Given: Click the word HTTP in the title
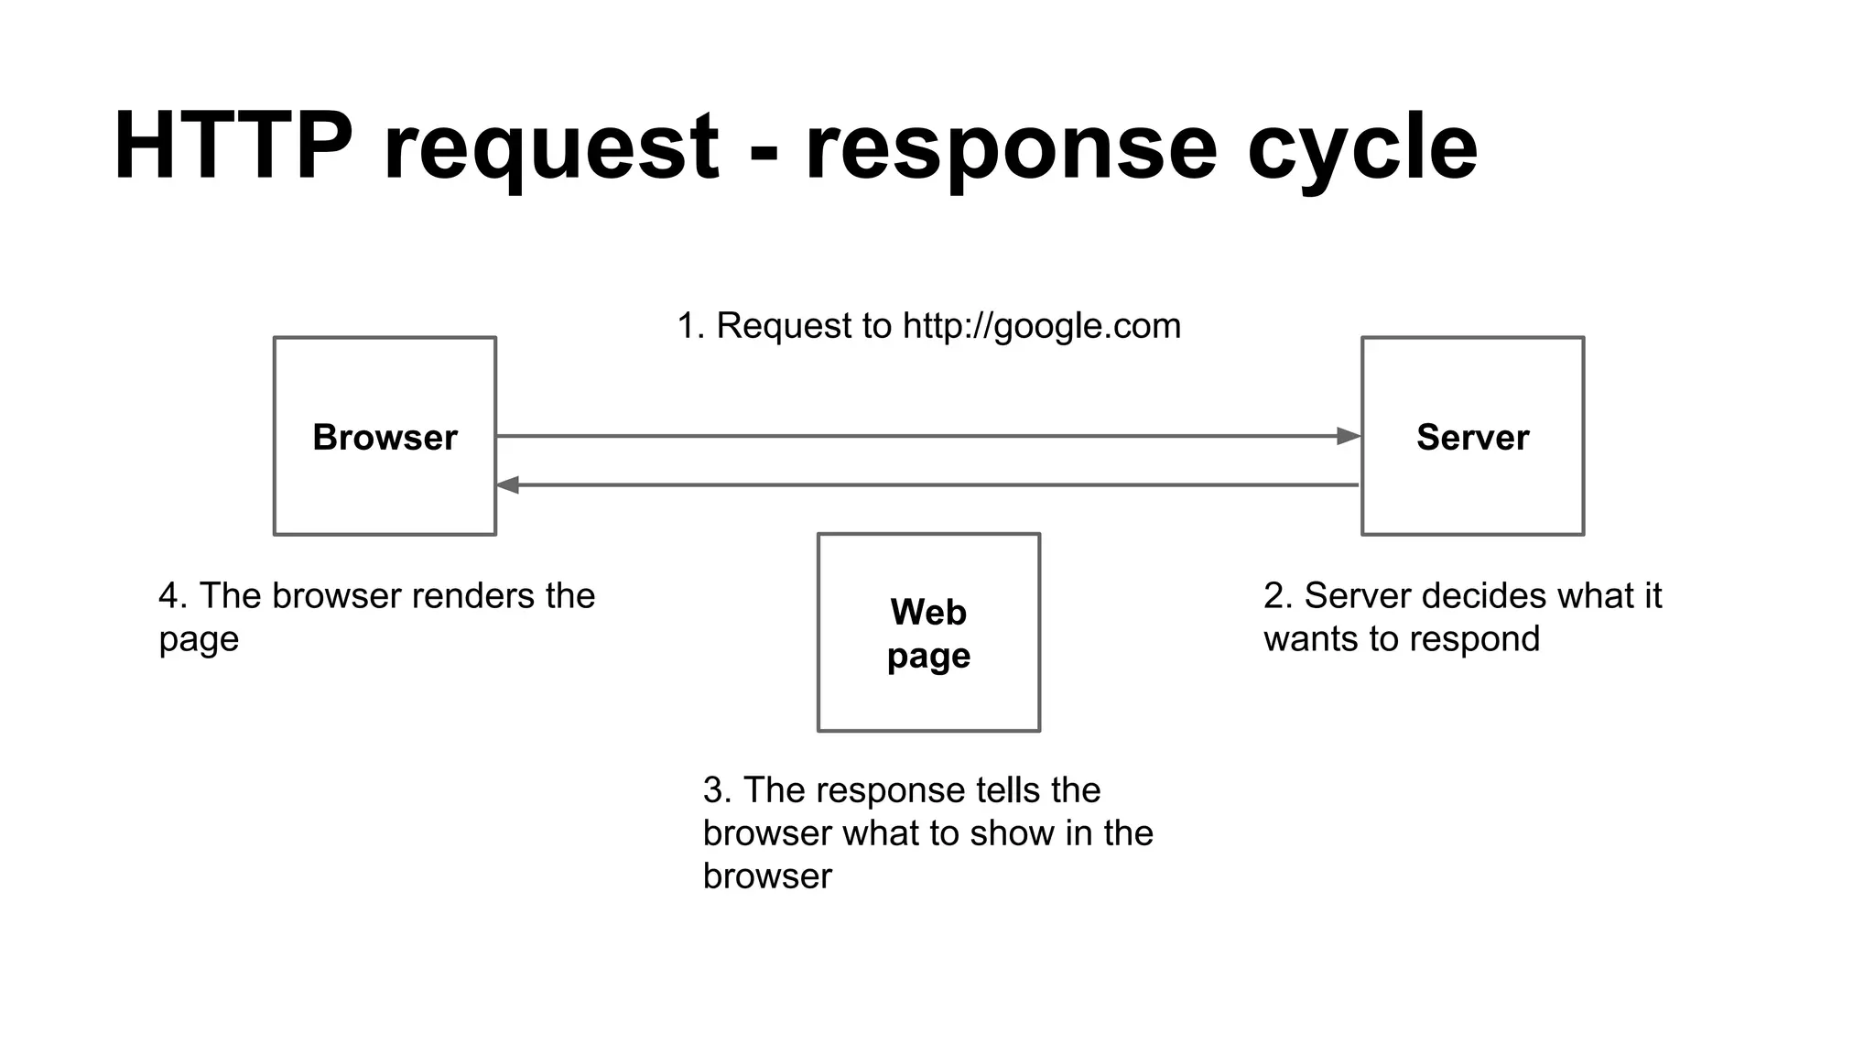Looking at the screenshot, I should [233, 147].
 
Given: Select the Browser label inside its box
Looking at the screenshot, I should [385, 438].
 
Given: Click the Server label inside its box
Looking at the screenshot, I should [1472, 438].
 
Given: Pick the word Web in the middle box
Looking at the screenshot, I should [927, 612].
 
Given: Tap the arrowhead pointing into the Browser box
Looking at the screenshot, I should [508, 485].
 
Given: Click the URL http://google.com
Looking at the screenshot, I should [1041, 327].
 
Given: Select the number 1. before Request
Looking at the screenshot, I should [691, 327].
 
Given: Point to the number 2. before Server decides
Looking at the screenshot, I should [1278, 596].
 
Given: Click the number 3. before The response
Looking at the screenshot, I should [717, 790].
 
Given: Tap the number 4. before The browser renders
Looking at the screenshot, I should [173, 596].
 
